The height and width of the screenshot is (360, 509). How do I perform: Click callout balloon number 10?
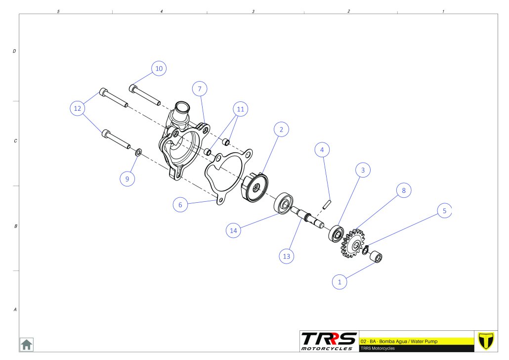point(159,69)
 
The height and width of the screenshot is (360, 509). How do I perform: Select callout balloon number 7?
point(200,89)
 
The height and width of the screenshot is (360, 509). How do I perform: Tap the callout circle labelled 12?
point(78,108)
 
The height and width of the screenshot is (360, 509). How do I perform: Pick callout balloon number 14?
point(233,230)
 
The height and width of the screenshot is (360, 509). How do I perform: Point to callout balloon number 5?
point(444,211)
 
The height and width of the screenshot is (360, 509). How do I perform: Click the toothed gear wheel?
point(352,243)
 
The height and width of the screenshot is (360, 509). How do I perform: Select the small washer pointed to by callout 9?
point(138,152)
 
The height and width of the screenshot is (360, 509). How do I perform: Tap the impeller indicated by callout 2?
point(255,188)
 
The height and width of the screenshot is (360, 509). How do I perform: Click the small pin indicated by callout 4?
point(327,204)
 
